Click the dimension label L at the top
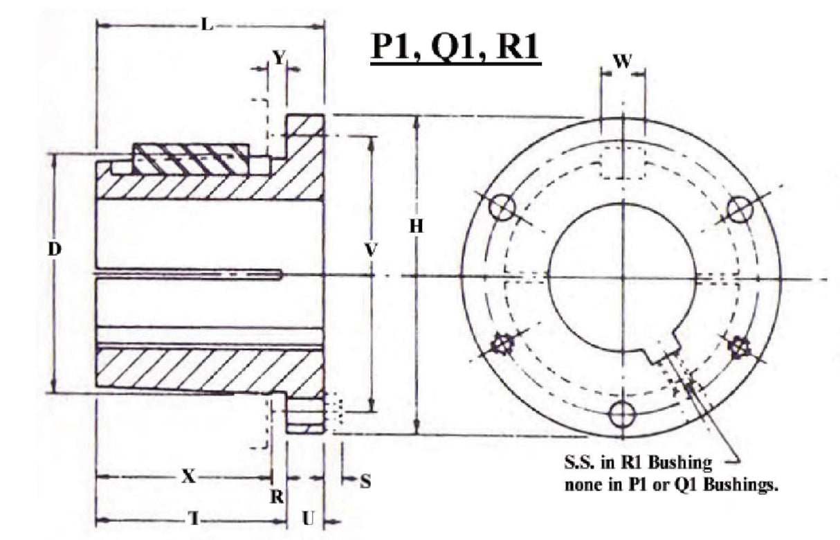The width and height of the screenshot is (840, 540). [206, 26]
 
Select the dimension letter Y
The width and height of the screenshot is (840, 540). [277, 58]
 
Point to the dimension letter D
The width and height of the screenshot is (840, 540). [55, 249]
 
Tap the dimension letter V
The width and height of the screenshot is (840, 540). [371, 251]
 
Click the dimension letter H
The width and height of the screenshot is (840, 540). [416, 226]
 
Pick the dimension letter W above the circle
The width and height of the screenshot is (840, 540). [623, 62]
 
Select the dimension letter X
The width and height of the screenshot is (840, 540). [187, 477]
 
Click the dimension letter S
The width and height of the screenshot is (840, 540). [365, 481]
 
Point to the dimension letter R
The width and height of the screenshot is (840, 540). [277, 496]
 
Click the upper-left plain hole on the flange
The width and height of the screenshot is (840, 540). [502, 207]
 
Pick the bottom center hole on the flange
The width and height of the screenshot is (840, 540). [622, 414]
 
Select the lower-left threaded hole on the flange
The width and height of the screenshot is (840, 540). [501, 344]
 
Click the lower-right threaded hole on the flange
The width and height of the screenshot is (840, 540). [741, 344]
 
